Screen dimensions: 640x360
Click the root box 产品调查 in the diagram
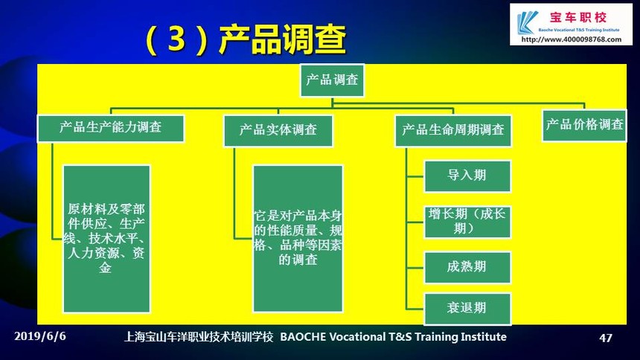pyautogui.click(x=332, y=80)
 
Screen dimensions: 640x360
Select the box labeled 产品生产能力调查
pyautogui.click(x=111, y=128)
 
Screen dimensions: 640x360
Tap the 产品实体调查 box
pyautogui.click(x=278, y=131)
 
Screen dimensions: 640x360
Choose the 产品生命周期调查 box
pyautogui.click(x=453, y=131)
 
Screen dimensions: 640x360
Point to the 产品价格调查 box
pyautogui.click(x=584, y=125)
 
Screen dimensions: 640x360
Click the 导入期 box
pyautogui.click(x=467, y=176)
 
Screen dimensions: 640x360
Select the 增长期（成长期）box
pyautogui.click(x=467, y=222)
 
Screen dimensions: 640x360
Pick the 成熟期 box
pyautogui.click(x=467, y=267)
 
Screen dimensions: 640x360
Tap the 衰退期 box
pyautogui.click(x=467, y=309)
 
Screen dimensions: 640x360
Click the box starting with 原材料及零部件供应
pyautogui.click(x=106, y=239)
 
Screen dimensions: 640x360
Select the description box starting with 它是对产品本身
pyautogui.click(x=298, y=239)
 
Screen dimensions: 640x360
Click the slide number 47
pyautogui.click(x=606, y=338)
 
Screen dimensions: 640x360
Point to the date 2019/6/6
pyautogui.click(x=40, y=336)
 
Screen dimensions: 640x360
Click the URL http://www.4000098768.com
pyautogui.click(x=572, y=39)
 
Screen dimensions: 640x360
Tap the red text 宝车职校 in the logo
pyautogui.click(x=578, y=18)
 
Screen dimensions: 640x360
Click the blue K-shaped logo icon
pyautogui.click(x=527, y=22)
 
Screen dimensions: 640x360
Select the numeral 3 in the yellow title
pyautogui.click(x=176, y=39)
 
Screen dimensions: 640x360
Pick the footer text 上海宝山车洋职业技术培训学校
pyautogui.click(x=199, y=337)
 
